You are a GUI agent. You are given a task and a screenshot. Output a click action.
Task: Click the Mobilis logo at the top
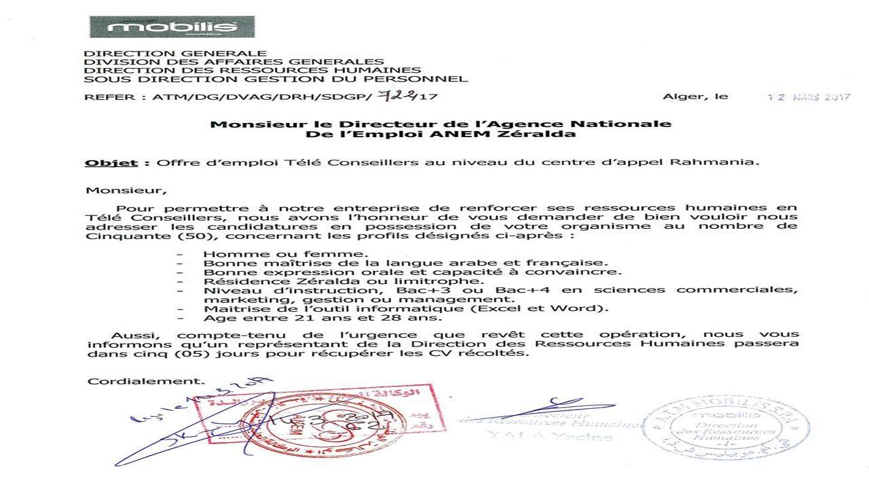point(172,26)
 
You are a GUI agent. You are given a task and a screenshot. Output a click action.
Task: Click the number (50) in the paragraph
point(196,236)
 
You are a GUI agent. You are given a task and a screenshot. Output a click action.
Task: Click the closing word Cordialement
point(145,381)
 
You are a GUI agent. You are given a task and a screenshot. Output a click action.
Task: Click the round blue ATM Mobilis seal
point(726,429)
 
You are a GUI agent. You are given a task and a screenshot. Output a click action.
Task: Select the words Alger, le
point(695,96)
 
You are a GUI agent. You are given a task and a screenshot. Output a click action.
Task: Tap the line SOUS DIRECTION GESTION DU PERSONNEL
point(276,79)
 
